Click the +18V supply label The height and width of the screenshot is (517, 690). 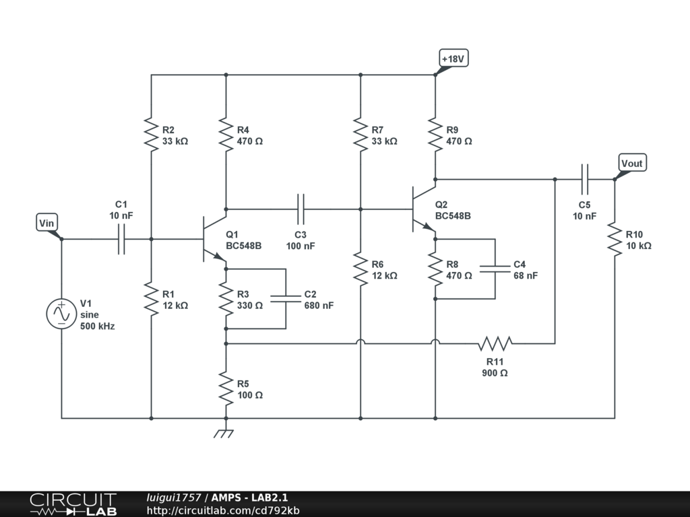pos(453,59)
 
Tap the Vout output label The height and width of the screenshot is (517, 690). pos(632,163)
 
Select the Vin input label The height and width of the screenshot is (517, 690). pos(46,223)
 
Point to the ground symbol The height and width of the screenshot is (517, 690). pos(224,434)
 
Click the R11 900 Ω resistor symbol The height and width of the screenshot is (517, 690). pos(495,343)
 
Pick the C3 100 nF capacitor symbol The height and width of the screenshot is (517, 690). pos(301,209)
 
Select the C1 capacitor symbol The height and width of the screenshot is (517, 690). pos(121,239)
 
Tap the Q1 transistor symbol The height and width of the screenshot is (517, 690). pos(214,239)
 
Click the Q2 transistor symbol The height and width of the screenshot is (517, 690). pos(424,209)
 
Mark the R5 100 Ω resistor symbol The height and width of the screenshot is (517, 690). pos(226,388)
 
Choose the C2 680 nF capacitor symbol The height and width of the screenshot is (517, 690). pos(286,299)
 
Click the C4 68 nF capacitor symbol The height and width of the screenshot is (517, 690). pos(495,269)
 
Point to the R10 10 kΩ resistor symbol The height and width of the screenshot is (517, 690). pos(615,239)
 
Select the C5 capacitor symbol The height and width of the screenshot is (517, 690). pos(584,179)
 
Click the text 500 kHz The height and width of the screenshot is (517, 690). pos(97,326)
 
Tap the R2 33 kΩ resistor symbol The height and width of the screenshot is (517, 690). pos(152,135)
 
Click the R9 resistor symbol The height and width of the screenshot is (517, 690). pos(435,135)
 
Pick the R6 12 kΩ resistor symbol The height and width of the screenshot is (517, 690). pos(360,269)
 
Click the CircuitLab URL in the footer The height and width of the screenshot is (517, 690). pos(223,510)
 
